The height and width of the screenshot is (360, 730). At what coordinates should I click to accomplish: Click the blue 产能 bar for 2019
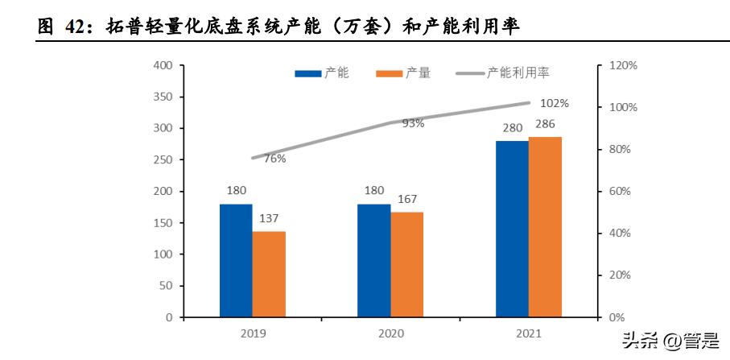[x=236, y=260]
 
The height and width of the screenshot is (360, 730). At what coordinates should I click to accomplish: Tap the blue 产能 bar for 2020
[x=374, y=260]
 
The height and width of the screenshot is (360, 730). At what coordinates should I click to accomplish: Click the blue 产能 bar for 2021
[x=512, y=229]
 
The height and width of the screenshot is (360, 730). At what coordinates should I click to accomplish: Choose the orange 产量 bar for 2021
[x=545, y=227]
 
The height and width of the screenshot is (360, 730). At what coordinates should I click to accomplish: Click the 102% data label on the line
[x=555, y=103]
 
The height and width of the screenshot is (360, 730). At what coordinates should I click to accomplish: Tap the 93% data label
[x=413, y=123]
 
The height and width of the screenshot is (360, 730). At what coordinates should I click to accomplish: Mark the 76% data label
[x=274, y=159]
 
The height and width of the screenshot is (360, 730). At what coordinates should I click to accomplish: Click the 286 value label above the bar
[x=545, y=125]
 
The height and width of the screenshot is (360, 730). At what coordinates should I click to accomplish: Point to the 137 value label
[x=269, y=219]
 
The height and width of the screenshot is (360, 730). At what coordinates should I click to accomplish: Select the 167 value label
[x=407, y=200]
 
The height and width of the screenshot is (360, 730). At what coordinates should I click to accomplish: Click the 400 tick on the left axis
[x=163, y=65]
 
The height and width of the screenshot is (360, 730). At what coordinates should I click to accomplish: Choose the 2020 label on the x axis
[x=390, y=333]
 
